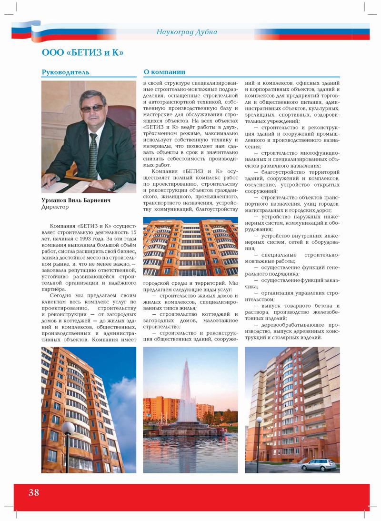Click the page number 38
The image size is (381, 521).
[x=34, y=492]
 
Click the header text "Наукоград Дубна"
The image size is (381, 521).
[x=187, y=32]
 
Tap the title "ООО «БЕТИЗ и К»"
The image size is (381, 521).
[x=83, y=52]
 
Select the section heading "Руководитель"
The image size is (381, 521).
[x=65, y=72]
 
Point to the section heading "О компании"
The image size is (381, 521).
[x=164, y=72]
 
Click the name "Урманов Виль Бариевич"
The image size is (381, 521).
[x=76, y=200]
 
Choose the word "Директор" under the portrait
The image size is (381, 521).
[x=54, y=208]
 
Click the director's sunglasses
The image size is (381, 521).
[x=92, y=109]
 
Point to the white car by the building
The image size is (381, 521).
[x=318, y=464]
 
